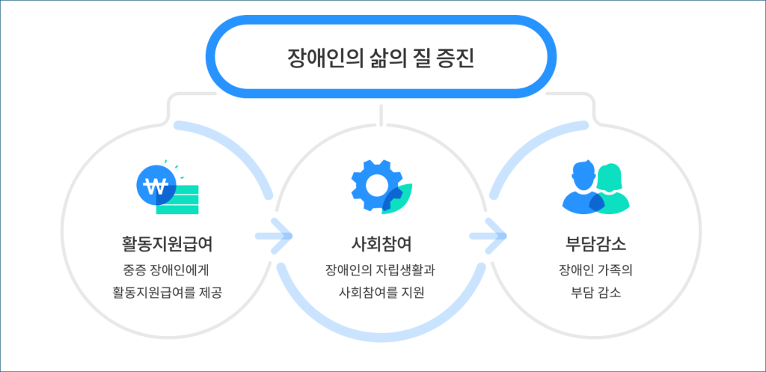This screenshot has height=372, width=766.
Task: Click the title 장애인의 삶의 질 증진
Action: click(x=381, y=58)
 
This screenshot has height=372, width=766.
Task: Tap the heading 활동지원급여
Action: click(x=167, y=243)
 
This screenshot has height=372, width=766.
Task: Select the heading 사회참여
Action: click(x=381, y=243)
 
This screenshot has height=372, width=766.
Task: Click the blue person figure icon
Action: click(x=582, y=188)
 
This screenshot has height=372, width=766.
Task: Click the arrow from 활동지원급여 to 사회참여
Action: click(x=274, y=236)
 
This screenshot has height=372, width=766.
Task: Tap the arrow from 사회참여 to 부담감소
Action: click(x=488, y=236)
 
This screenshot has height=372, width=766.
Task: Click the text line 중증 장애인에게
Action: click(x=167, y=270)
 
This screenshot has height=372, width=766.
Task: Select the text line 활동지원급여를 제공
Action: click(x=167, y=293)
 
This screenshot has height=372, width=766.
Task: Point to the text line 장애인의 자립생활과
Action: click(x=381, y=270)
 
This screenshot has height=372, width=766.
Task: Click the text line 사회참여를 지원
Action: click(x=381, y=293)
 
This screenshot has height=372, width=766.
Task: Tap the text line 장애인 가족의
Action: click(x=595, y=270)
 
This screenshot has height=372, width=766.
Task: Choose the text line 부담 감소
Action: click(x=595, y=293)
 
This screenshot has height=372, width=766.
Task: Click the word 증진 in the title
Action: click(x=455, y=58)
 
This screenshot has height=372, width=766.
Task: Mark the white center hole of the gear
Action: click(x=377, y=186)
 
